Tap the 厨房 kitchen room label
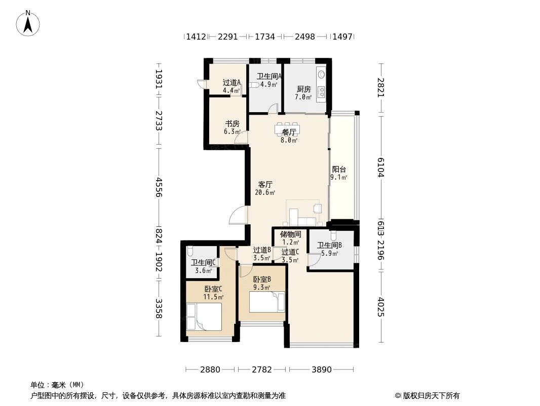pos(304,89)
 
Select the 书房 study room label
pos(232,124)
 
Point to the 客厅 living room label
pos(265,185)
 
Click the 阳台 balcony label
pos(339,170)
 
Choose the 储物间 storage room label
pos(290,234)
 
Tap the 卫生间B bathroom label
pos(329,246)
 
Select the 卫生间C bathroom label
pos(204,262)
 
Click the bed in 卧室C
pos(204,317)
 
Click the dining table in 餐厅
pos(287,129)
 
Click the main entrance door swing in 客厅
pos(238,216)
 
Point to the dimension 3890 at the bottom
pos(322,369)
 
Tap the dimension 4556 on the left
pos(159,187)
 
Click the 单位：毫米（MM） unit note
pos(57,385)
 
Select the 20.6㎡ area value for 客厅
pos(265,193)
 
